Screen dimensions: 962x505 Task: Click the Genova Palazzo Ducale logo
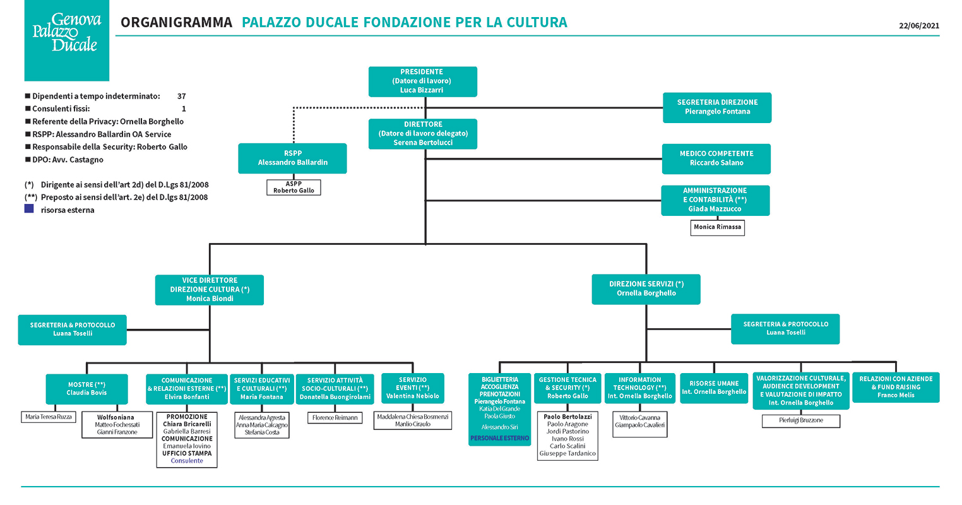66,40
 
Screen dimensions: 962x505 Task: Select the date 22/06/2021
919,26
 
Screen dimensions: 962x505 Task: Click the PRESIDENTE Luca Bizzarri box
422,81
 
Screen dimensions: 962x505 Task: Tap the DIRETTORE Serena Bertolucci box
422,134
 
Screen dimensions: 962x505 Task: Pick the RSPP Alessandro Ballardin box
292,158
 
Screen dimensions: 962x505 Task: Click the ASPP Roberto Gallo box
294,187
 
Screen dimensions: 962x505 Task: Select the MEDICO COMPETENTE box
716,159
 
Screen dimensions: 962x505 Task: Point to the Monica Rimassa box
718,228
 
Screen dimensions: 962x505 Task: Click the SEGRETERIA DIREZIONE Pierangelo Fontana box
717,108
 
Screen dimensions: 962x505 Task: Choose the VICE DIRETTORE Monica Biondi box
210,290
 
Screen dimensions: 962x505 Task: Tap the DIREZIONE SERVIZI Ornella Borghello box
646,290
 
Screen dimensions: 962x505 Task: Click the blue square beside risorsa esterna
29,209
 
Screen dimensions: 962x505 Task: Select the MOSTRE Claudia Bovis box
86,389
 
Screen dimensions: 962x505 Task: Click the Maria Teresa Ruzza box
49,417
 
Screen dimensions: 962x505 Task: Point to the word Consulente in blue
187,461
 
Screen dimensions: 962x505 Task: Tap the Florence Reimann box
335,418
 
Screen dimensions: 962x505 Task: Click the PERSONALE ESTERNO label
500,439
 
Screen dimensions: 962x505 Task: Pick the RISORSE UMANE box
714,388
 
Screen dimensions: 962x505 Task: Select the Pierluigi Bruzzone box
801,421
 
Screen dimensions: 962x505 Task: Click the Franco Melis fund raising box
896,388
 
